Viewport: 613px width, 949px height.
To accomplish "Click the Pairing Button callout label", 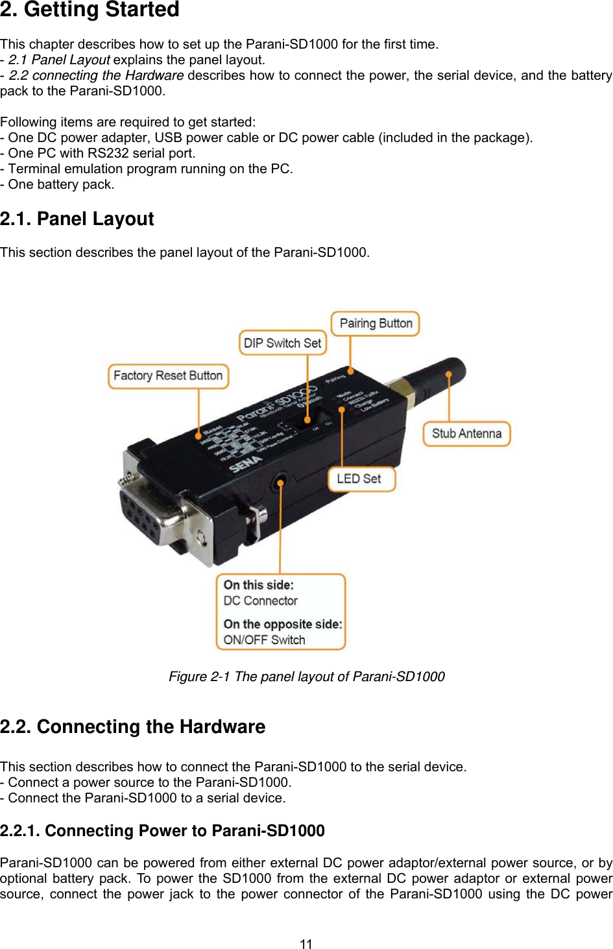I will (x=376, y=324).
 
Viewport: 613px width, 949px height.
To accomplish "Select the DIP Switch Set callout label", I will (x=283, y=343).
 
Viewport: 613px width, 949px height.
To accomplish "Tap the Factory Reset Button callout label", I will (x=168, y=376).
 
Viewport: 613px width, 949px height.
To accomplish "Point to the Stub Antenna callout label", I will (x=466, y=434).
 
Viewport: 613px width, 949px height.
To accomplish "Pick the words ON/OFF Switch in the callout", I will (x=264, y=640).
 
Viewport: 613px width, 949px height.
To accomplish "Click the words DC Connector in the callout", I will (x=260, y=601).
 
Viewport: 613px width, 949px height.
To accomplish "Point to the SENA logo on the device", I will (x=246, y=463).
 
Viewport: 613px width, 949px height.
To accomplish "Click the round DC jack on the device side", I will (x=280, y=483).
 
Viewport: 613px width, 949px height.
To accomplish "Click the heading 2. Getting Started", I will (x=90, y=10).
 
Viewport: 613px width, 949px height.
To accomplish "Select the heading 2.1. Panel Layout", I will (x=77, y=219).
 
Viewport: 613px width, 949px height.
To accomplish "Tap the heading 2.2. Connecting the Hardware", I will (x=132, y=727).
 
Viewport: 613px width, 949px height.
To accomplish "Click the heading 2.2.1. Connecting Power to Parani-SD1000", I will (x=162, y=831).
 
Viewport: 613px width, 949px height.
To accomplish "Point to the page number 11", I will (x=306, y=944).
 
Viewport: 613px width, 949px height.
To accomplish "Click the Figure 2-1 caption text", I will (x=306, y=677).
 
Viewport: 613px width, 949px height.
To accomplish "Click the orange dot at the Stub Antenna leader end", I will (x=449, y=374).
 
